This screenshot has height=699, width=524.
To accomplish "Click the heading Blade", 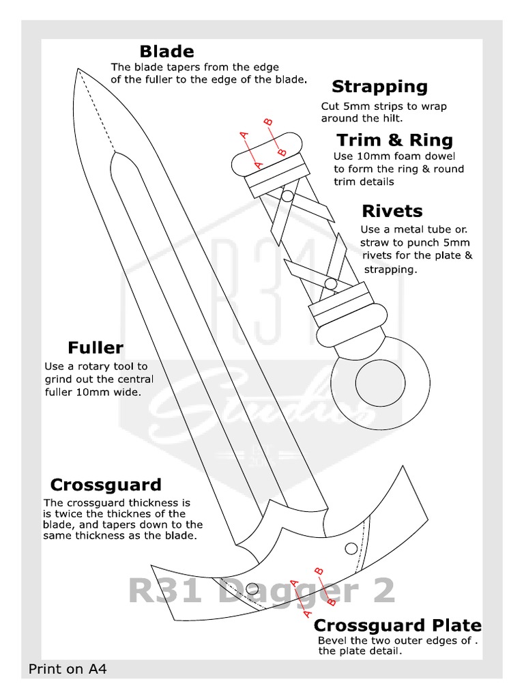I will click(x=166, y=52).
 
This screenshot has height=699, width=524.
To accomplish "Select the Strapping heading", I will click(x=379, y=87).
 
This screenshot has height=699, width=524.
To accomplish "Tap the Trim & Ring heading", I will click(x=394, y=141).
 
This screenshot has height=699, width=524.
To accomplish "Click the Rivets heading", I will click(x=392, y=211).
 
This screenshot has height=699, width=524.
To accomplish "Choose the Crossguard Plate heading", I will click(x=397, y=626).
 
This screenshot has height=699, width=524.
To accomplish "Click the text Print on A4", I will click(x=68, y=669).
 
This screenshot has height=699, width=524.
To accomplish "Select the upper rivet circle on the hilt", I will click(x=288, y=197).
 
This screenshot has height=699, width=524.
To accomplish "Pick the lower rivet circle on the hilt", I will click(x=330, y=283).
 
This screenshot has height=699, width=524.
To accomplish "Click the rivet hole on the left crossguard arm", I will click(x=252, y=587).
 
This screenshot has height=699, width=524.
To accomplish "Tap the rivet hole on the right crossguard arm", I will click(x=351, y=548).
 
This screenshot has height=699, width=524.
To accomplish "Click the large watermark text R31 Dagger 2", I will click(x=261, y=591).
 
